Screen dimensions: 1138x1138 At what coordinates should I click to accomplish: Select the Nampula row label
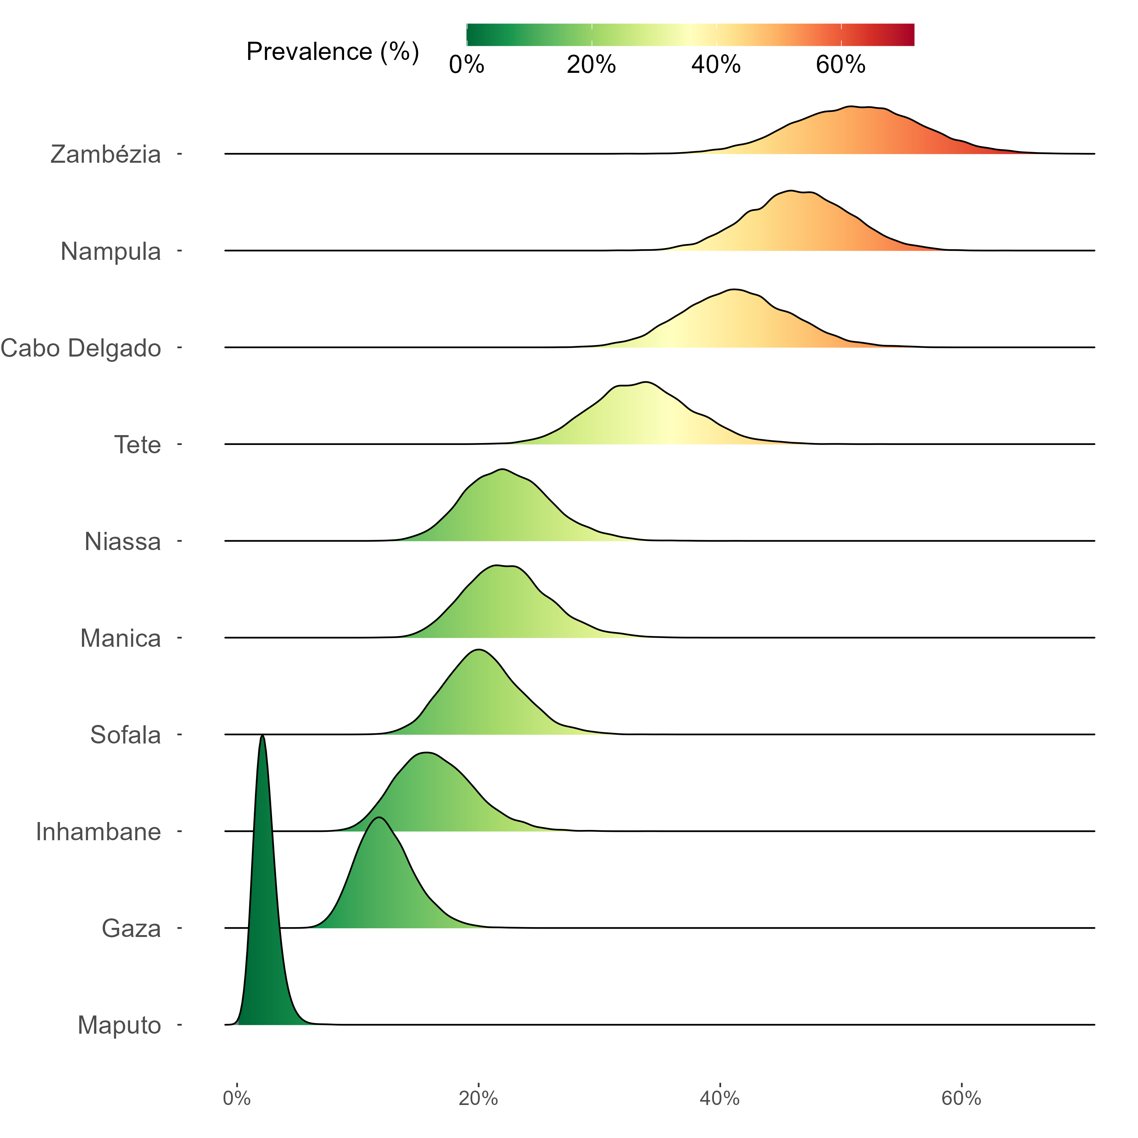point(111,251)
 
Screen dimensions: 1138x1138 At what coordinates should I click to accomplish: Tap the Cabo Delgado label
point(81,348)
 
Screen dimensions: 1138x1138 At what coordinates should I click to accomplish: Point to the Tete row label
point(137,445)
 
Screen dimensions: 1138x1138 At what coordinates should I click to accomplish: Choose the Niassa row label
point(123,541)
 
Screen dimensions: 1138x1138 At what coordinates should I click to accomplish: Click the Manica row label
point(120,638)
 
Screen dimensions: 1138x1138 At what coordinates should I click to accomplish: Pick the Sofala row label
point(126,735)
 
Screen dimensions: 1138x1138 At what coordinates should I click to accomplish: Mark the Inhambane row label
point(98,832)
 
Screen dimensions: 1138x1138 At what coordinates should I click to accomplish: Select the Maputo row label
point(119,1025)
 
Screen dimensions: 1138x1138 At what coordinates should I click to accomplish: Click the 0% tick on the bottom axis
point(237,1099)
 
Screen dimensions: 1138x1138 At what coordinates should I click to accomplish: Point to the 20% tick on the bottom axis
point(478,1099)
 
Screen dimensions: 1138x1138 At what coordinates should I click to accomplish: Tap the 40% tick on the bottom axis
point(720,1099)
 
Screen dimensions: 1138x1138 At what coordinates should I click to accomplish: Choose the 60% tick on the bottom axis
point(961,1099)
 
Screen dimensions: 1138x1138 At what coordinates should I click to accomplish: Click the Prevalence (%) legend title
point(333,52)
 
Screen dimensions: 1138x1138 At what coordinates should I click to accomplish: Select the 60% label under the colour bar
point(841,65)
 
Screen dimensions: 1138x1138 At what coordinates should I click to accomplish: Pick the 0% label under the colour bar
point(467,65)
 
